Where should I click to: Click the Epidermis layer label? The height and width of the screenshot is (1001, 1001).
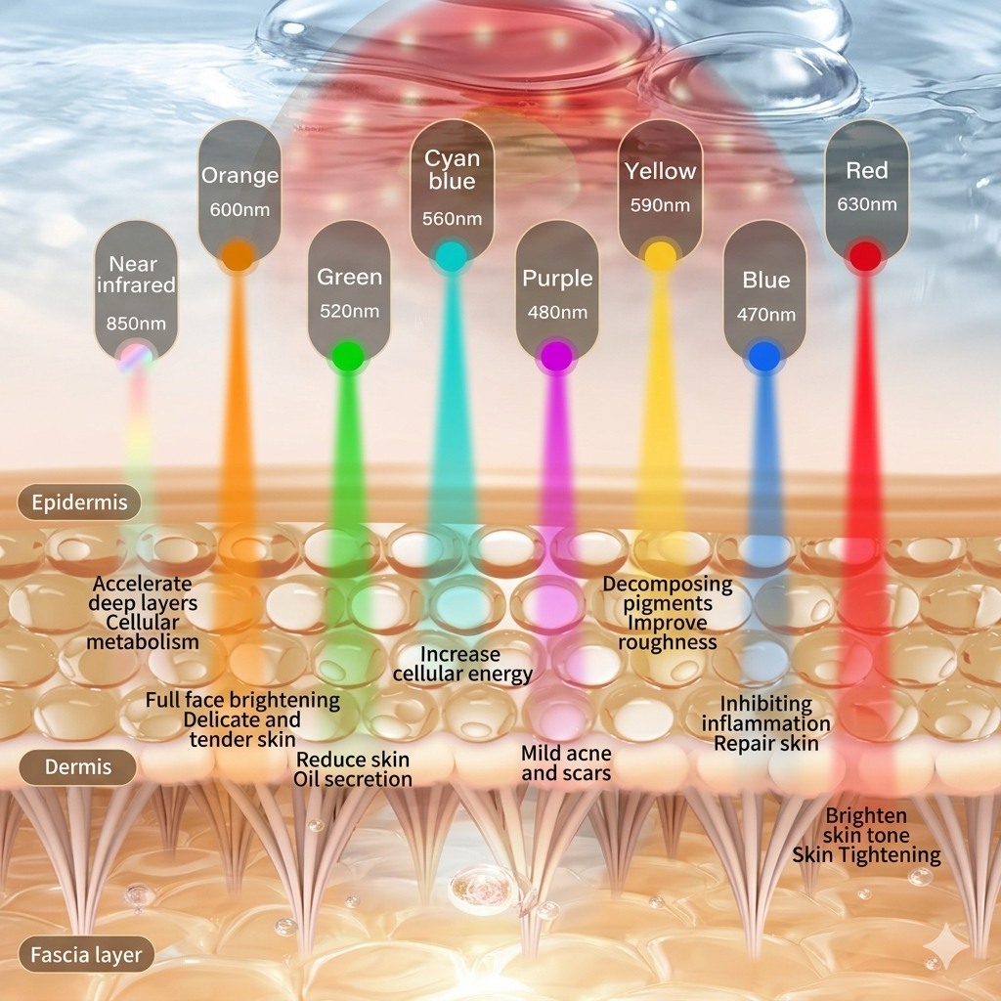tap(79, 502)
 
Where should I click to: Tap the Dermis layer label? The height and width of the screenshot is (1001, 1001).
tap(77, 766)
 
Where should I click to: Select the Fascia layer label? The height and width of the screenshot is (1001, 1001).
tap(86, 955)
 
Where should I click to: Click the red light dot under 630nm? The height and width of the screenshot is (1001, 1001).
tap(866, 256)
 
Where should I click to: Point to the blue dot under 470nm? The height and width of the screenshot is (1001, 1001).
tap(764, 356)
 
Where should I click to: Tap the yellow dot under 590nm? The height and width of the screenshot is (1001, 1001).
tap(660, 256)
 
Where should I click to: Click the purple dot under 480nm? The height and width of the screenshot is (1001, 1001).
tap(556, 356)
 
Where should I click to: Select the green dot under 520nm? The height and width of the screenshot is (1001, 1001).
tap(348, 356)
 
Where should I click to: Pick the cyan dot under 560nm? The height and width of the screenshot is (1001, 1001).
tap(452, 256)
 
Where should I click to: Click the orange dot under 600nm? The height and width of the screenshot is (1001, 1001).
tap(239, 256)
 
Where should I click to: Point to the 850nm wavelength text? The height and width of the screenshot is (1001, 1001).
tap(136, 324)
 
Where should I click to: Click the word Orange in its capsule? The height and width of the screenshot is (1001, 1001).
tap(240, 175)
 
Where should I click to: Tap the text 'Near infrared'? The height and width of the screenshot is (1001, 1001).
tap(135, 275)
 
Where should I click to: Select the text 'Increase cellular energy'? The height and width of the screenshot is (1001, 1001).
tap(462, 664)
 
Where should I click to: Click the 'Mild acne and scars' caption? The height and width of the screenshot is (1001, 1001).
tap(566, 762)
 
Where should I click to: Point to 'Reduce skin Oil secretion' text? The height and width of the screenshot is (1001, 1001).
tap(352, 769)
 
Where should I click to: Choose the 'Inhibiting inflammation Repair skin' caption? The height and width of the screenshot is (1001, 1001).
tap(766, 723)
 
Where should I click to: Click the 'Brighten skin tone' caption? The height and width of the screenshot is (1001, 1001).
tap(866, 825)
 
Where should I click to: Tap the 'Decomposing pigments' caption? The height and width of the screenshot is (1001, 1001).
tap(667, 593)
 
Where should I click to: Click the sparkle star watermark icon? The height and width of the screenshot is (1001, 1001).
tap(948, 948)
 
